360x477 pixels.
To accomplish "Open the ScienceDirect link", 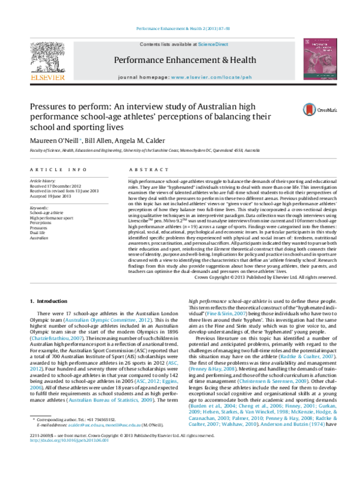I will point(213,44).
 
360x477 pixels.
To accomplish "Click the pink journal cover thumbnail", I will point(319,59).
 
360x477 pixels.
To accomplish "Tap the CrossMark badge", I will point(319,110).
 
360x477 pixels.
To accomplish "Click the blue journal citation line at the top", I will point(183,29).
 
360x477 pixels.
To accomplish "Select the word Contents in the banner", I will point(149,44).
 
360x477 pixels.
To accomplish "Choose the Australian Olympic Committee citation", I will point(107,320).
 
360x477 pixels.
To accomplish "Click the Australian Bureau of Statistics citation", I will point(110,400).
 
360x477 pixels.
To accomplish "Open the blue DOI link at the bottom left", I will point(68,440).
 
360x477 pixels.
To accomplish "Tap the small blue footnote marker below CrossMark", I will point(80,139).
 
